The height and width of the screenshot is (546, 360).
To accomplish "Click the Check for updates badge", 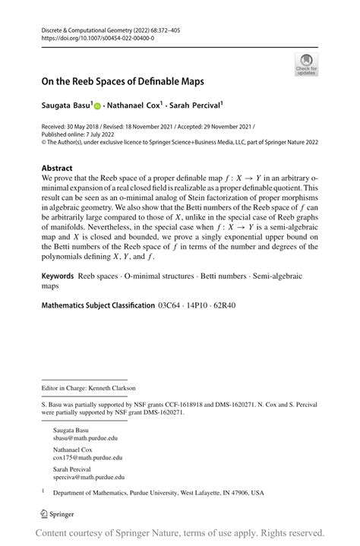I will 305,65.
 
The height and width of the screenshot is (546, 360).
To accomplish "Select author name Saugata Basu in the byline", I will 66,106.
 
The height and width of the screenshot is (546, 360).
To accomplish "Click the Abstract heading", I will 57,168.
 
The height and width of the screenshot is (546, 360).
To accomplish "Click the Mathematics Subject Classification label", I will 97,305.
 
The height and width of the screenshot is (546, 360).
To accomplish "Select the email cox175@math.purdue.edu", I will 87,458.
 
